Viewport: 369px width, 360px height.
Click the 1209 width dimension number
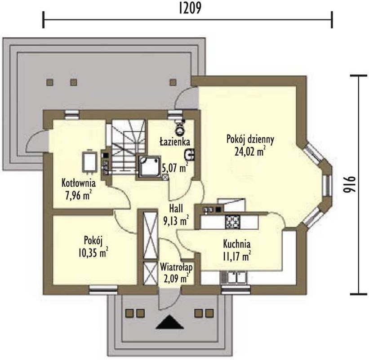(x=190, y=9)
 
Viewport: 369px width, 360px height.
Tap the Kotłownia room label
(x=78, y=183)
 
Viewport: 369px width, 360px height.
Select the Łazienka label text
(x=175, y=142)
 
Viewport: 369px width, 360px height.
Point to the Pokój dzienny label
(x=250, y=139)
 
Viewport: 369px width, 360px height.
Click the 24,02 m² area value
(x=250, y=152)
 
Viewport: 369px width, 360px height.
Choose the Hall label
(x=176, y=208)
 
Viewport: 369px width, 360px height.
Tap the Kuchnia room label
(x=237, y=244)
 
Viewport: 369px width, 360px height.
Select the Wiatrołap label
(x=176, y=267)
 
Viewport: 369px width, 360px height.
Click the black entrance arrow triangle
(x=169, y=322)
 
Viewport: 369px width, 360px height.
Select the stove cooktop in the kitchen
(x=232, y=221)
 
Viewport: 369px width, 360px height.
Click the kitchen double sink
(x=234, y=277)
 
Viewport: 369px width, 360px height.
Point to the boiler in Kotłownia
(x=89, y=162)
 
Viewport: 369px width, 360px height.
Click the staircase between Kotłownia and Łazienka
(x=128, y=147)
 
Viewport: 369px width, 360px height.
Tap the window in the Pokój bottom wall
(x=103, y=290)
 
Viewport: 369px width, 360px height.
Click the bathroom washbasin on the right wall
(x=189, y=155)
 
